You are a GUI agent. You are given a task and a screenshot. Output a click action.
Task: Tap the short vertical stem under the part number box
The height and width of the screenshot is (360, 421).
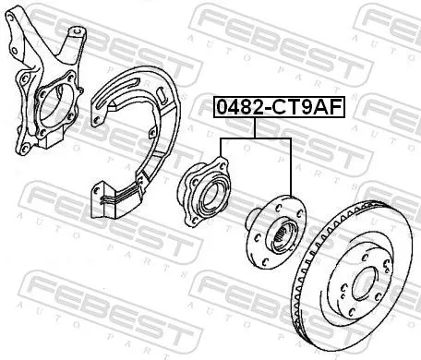(256, 127)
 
